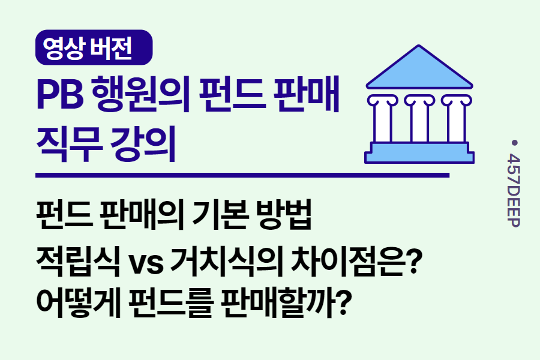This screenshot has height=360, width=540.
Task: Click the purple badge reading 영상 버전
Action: [x=94, y=47]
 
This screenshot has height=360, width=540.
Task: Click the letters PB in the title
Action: [x=60, y=95]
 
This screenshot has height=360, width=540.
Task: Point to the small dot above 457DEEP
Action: [x=514, y=142]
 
